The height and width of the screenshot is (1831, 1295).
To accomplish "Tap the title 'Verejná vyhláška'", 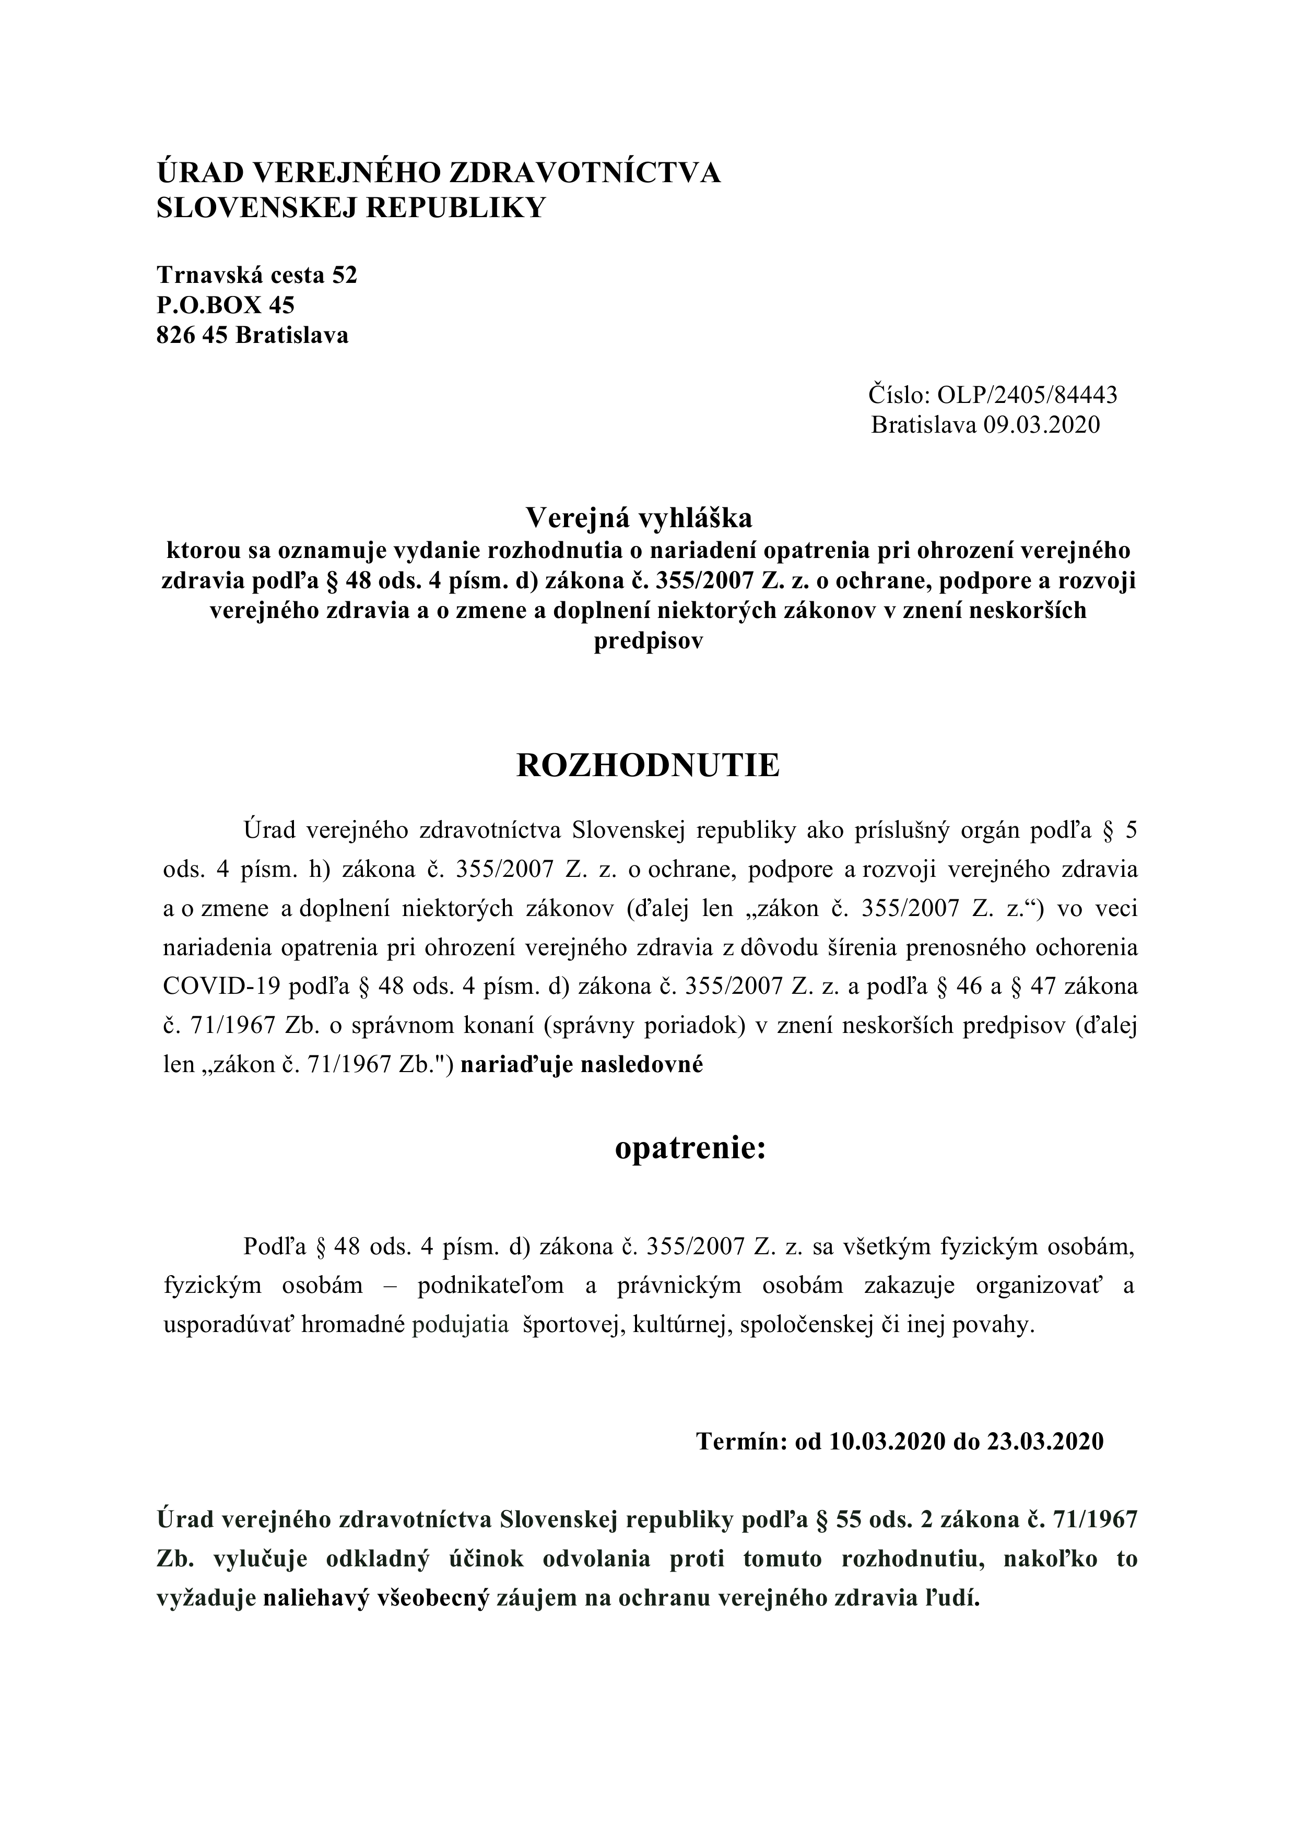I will [638, 518].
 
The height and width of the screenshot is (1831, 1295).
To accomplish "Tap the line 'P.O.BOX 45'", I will [226, 305].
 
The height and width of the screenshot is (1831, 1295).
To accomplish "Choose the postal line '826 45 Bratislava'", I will [253, 335].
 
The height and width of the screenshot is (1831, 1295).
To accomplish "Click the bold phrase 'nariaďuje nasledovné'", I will [582, 1065].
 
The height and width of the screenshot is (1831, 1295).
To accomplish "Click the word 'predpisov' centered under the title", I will [648, 642].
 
